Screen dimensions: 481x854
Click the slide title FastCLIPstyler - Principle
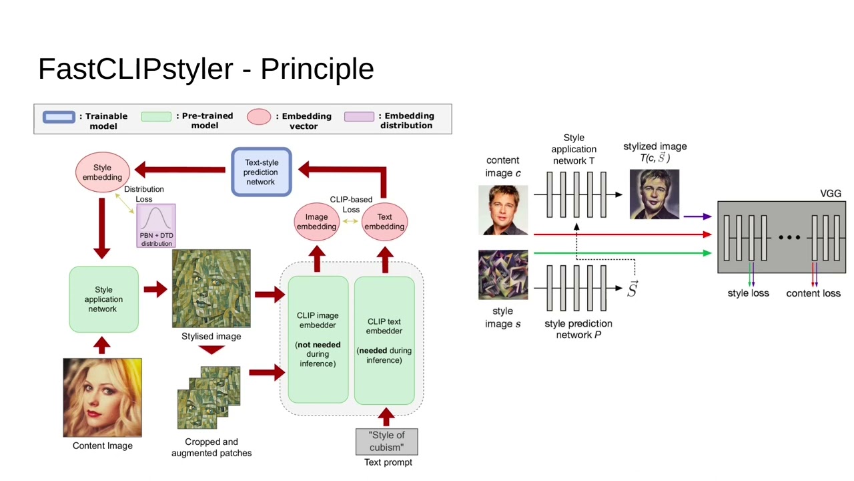[205, 69]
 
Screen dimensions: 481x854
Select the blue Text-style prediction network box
[261, 172]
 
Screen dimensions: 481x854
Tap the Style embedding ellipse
[102, 172]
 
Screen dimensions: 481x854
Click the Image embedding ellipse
[316, 222]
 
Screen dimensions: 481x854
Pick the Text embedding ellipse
[384, 222]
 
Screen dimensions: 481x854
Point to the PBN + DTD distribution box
[156, 226]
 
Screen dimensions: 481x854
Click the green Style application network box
[103, 299]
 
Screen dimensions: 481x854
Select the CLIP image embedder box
[318, 339]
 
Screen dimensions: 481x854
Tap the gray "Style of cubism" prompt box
[387, 442]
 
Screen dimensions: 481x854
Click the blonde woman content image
[102, 397]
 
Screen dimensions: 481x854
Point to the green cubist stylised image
[211, 289]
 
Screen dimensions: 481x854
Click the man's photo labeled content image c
[503, 210]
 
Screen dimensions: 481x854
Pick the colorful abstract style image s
[503, 275]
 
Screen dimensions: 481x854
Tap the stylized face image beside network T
[654, 194]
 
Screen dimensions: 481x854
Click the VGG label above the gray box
[830, 194]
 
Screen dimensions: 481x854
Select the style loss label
[748, 293]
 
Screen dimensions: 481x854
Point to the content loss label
[813, 293]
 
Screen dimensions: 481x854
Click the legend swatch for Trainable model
[59, 117]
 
